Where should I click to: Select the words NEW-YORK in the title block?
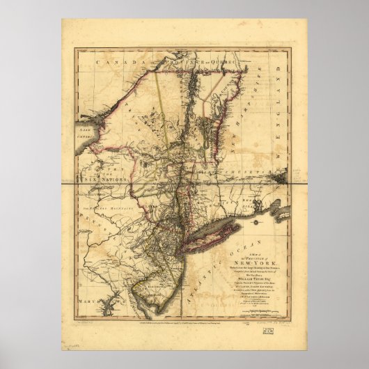click(x=258, y=255)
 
